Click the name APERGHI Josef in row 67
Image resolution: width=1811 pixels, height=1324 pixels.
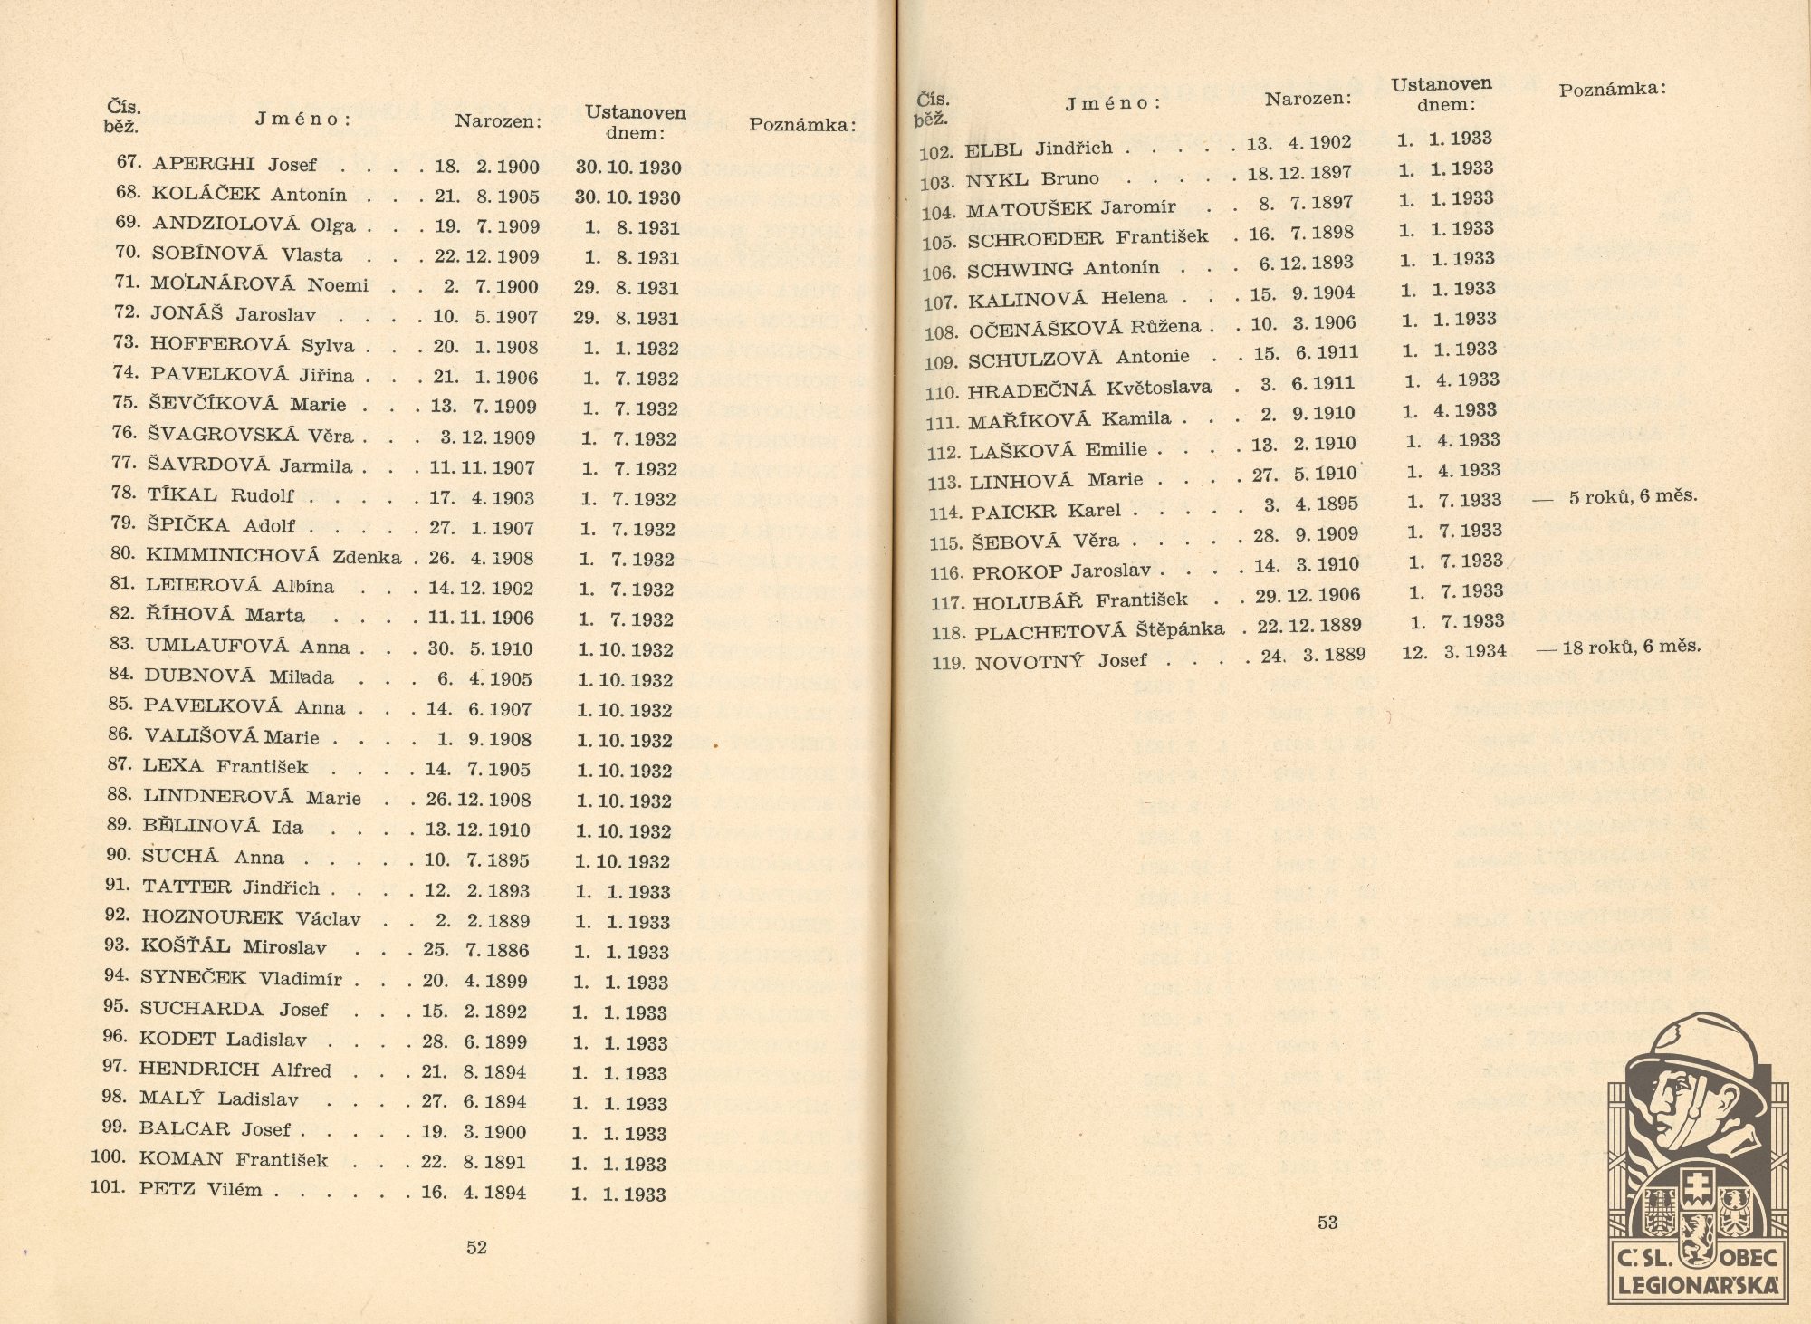click(235, 165)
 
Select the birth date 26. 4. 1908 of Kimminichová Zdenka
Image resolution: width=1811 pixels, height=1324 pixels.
click(481, 559)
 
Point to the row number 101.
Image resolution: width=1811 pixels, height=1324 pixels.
click(108, 1186)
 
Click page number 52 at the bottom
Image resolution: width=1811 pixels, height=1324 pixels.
click(476, 1247)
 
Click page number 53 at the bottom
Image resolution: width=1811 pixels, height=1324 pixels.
click(1327, 1223)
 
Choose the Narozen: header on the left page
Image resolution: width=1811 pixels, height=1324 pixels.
click(498, 120)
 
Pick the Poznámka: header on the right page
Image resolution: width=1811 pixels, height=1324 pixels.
click(1612, 89)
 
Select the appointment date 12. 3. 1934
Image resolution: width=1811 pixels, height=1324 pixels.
click(1453, 652)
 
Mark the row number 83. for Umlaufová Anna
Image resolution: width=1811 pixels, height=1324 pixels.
click(121, 644)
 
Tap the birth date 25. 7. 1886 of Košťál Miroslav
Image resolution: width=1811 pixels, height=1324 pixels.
click(475, 951)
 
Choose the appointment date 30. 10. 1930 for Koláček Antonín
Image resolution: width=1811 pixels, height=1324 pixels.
click(628, 197)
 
